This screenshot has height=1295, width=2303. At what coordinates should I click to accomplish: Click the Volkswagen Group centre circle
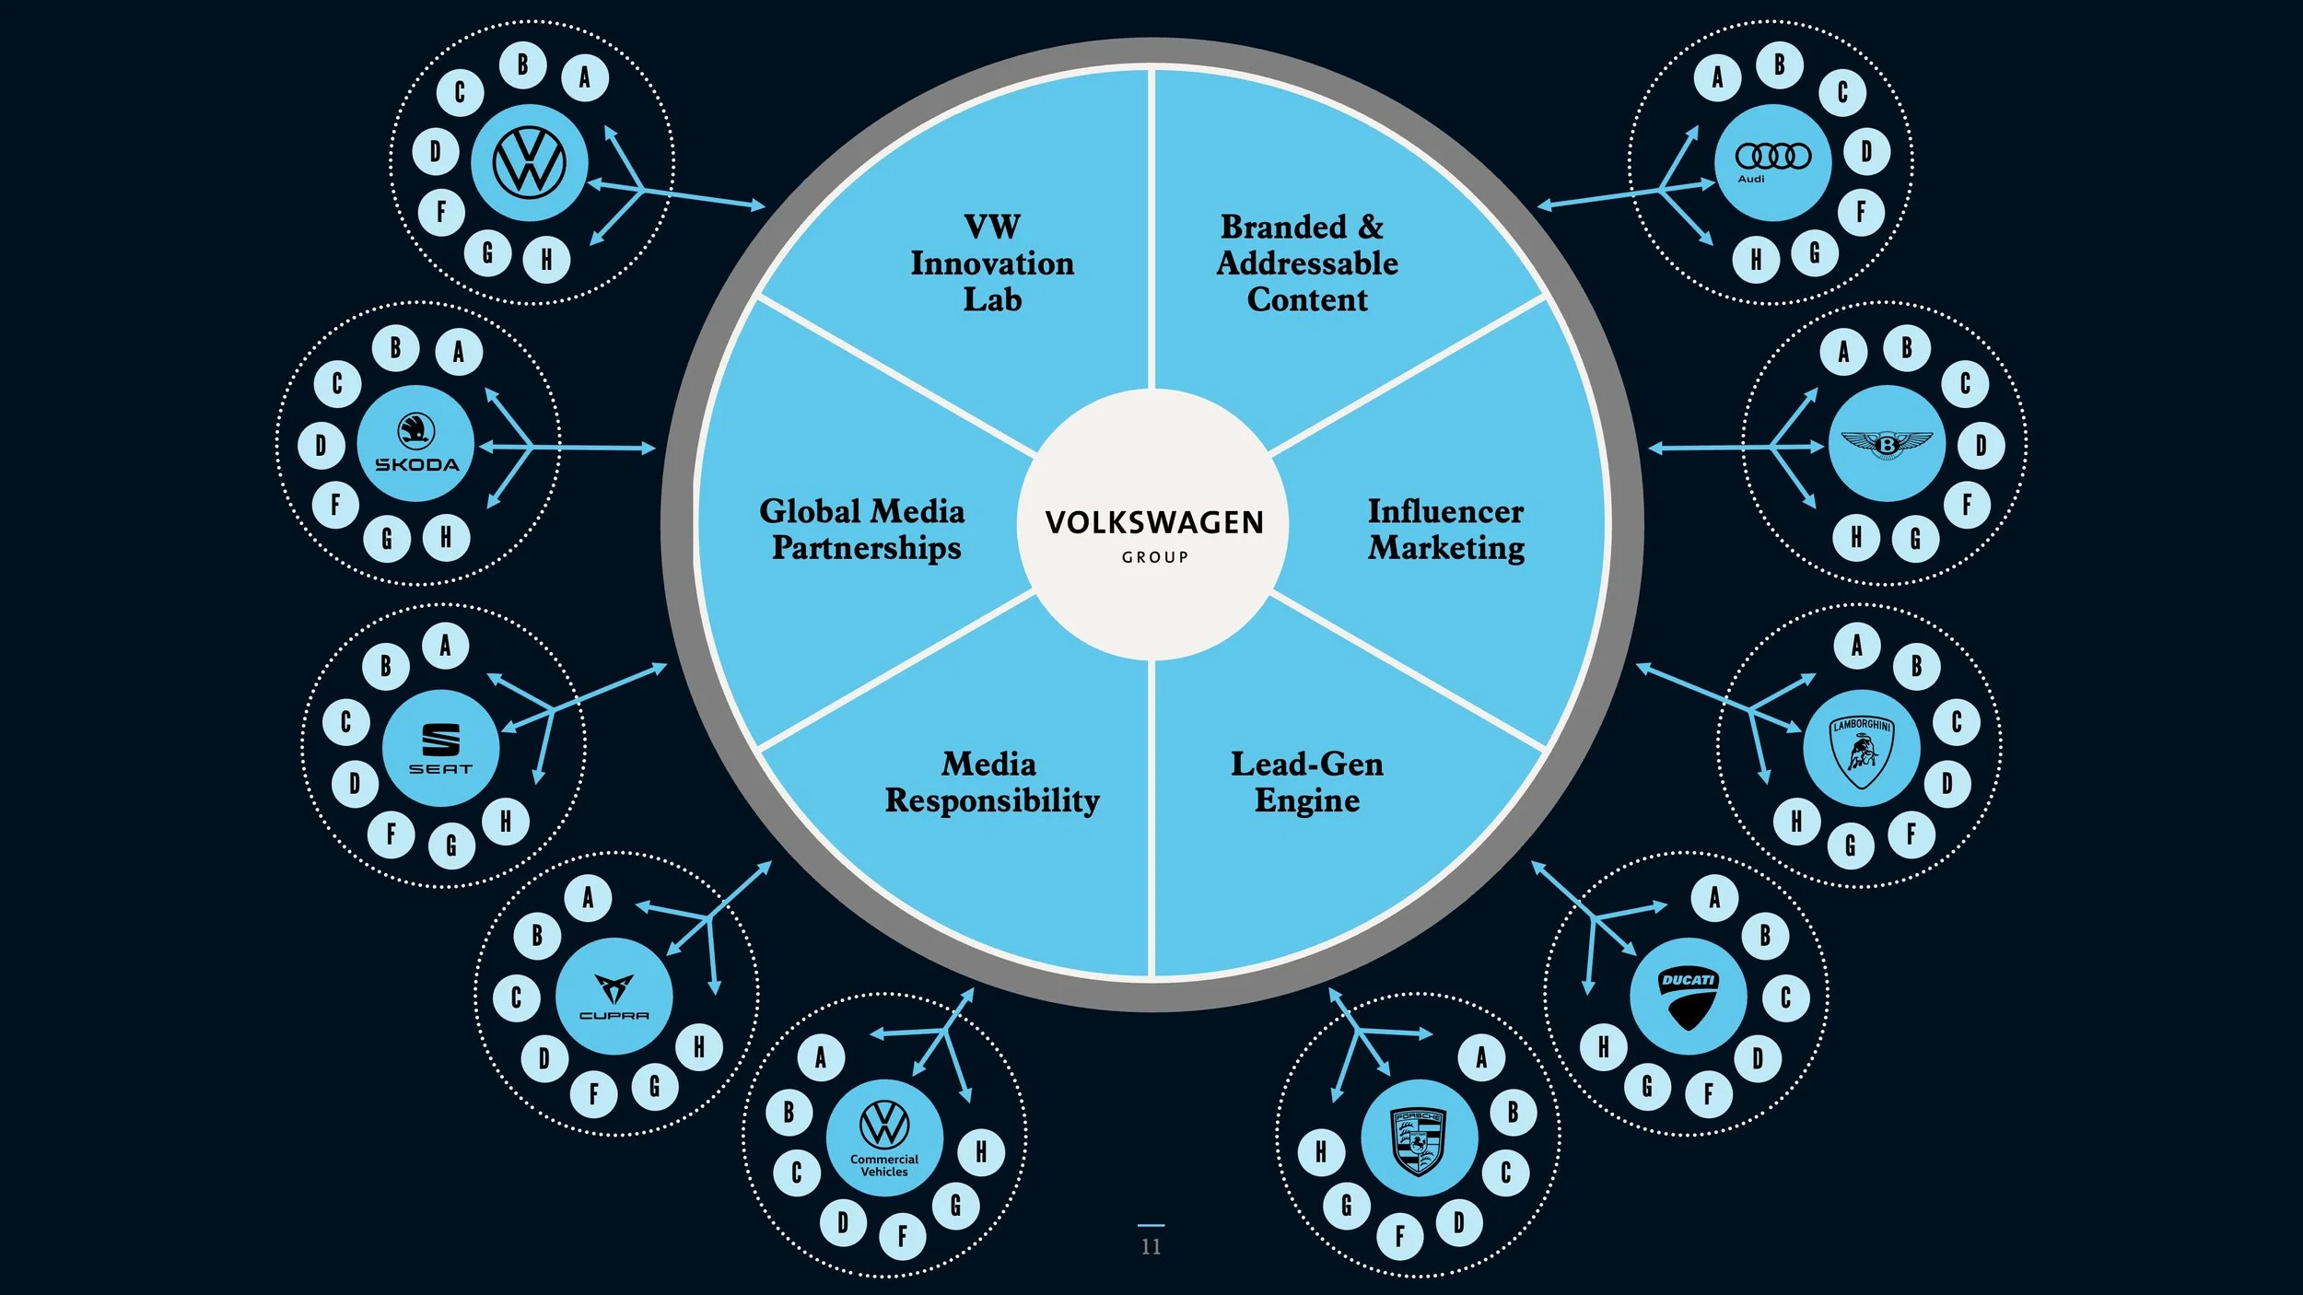(x=1152, y=524)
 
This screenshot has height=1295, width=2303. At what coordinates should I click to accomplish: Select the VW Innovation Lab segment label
(x=992, y=263)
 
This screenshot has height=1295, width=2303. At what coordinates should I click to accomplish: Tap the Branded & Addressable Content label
(x=1307, y=263)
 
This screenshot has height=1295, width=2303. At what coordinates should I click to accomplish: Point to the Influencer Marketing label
(x=1445, y=529)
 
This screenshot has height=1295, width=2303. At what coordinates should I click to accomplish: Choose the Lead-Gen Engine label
(x=1307, y=782)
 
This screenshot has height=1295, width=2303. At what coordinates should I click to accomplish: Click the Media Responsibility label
(x=992, y=782)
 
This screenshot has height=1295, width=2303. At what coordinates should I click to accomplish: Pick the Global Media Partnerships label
(x=861, y=529)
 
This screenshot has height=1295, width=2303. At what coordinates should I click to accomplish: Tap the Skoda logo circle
(x=415, y=443)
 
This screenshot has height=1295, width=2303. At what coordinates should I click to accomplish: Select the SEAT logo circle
(x=440, y=748)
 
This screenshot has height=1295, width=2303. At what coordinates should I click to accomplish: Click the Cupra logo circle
(x=614, y=997)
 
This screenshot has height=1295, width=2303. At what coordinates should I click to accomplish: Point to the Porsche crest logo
(x=1419, y=1139)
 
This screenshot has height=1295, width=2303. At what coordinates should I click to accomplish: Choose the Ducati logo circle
(x=1688, y=997)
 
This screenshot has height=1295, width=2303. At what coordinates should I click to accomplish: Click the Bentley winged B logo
(x=1887, y=444)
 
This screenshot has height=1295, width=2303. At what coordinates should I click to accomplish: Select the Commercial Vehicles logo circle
(x=884, y=1138)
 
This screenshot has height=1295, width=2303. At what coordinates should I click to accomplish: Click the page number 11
(x=1151, y=1246)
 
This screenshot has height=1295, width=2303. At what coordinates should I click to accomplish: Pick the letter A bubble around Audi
(x=1717, y=77)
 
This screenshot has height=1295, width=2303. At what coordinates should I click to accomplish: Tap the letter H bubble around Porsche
(x=1321, y=1151)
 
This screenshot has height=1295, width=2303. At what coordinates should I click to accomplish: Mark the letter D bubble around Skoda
(x=321, y=446)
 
